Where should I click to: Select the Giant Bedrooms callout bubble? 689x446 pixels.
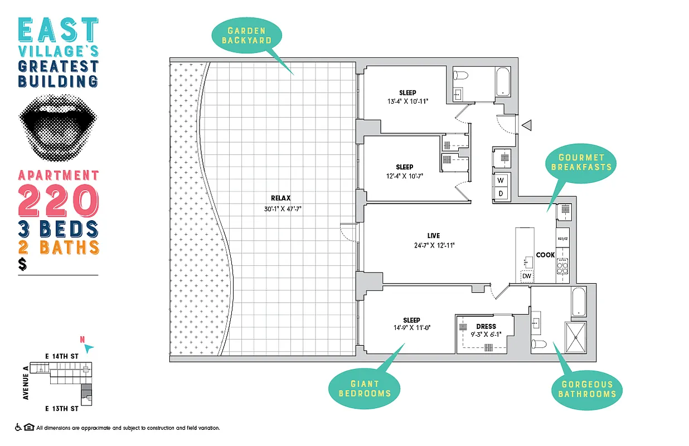tap(365, 388)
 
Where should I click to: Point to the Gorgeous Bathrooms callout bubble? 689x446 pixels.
tap(587, 389)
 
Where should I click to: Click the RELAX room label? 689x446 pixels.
tap(281, 198)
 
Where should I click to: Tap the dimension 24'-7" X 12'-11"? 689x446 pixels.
tap(428, 245)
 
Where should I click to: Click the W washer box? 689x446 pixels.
tap(501, 180)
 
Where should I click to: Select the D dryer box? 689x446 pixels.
tap(501, 193)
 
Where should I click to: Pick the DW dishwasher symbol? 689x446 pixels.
tap(526, 276)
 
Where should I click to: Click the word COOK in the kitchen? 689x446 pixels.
tap(545, 255)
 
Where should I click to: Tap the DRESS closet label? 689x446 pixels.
tap(486, 326)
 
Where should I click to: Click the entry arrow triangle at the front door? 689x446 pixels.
tap(527, 125)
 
